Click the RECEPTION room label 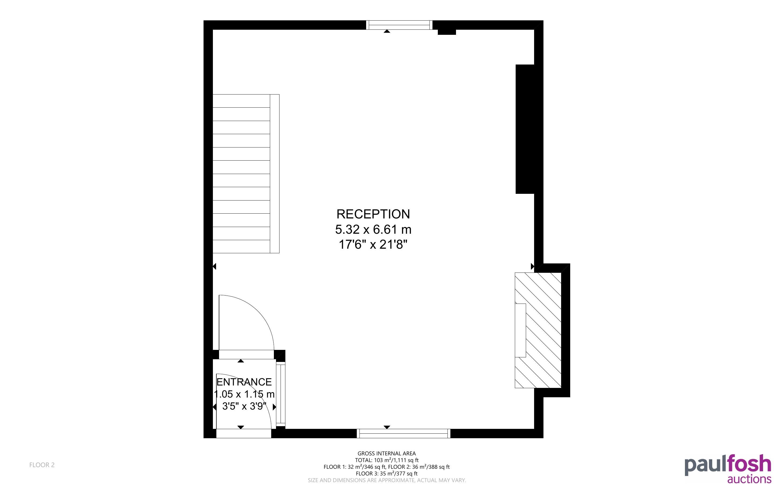point(373,214)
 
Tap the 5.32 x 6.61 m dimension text point(373,229)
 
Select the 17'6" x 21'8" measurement point(373,245)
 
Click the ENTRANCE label point(244,382)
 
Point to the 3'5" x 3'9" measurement point(244,406)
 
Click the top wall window point(399,25)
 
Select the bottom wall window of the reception point(404,433)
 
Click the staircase point(246,173)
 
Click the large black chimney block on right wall point(525,129)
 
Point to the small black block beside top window point(447,32)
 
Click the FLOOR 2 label point(42,465)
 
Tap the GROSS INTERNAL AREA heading point(386,453)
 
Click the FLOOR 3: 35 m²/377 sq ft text point(386,474)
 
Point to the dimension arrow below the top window point(387,31)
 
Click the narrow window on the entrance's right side point(281,394)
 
